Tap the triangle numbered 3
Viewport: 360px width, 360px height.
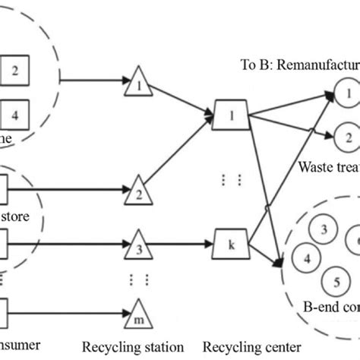pos(139,247)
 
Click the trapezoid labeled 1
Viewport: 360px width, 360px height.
pos(229,116)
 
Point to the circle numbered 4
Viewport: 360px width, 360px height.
pos(307,257)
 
